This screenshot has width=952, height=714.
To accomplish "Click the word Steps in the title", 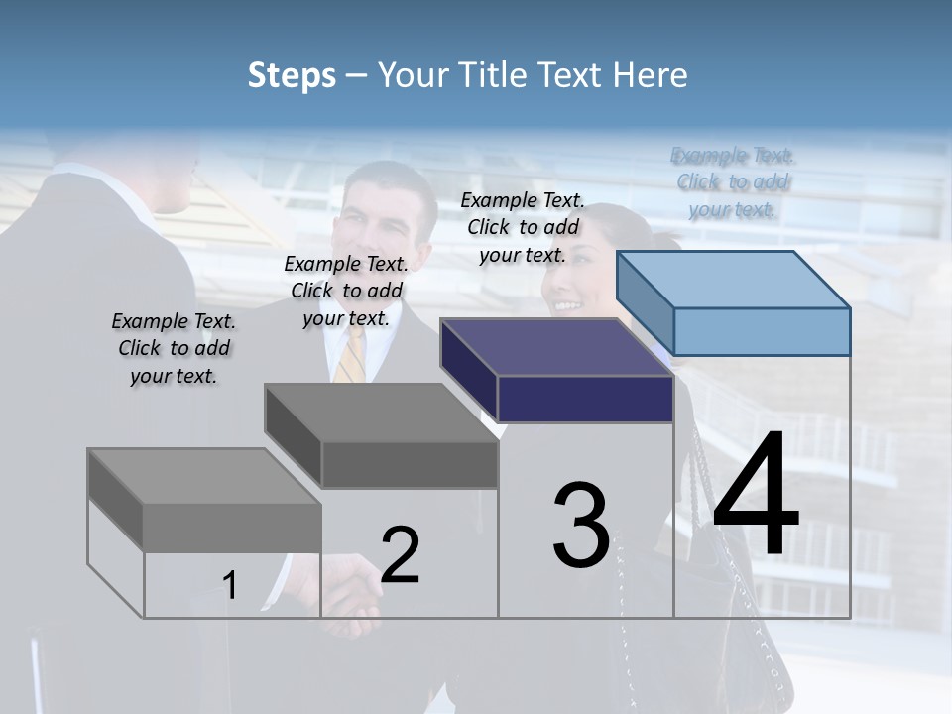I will click(x=292, y=75).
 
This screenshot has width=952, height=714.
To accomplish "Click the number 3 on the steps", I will click(x=581, y=525).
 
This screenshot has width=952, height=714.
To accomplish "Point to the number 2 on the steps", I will click(x=400, y=555).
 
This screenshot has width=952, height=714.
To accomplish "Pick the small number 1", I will click(x=230, y=586).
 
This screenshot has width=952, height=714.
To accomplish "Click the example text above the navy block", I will click(x=523, y=227).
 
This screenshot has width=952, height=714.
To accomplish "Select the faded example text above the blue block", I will click(x=733, y=182).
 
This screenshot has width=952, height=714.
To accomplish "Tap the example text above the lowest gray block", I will click(x=174, y=348).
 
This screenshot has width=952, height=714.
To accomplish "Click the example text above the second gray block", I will click(x=346, y=291).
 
